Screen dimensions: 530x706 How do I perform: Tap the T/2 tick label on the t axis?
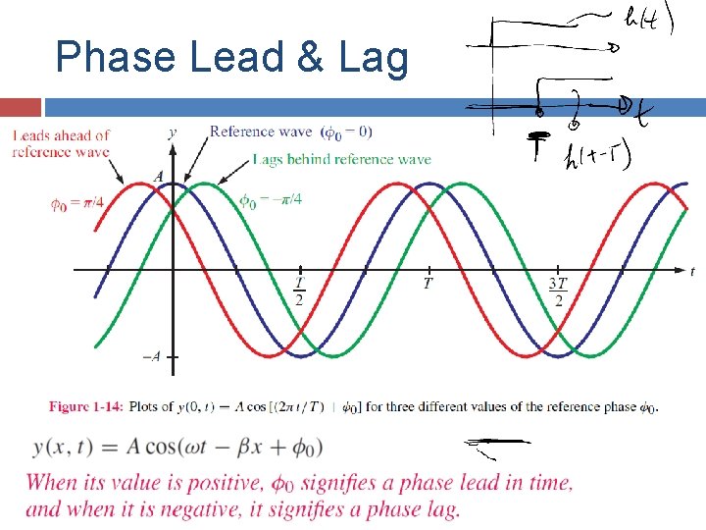[299, 291]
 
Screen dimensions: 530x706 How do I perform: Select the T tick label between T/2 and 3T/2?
[428, 284]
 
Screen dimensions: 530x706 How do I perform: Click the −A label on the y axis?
[151, 357]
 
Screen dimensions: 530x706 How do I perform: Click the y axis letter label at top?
[173, 132]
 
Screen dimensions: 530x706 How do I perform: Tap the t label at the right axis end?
[692, 271]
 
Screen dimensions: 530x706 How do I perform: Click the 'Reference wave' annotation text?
[261, 132]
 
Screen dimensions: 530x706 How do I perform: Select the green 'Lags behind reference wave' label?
[341, 159]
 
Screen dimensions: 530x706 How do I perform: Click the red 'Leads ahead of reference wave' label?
[60, 143]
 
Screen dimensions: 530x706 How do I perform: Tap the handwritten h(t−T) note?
[597, 155]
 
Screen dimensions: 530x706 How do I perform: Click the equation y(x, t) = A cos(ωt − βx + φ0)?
[176, 448]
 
